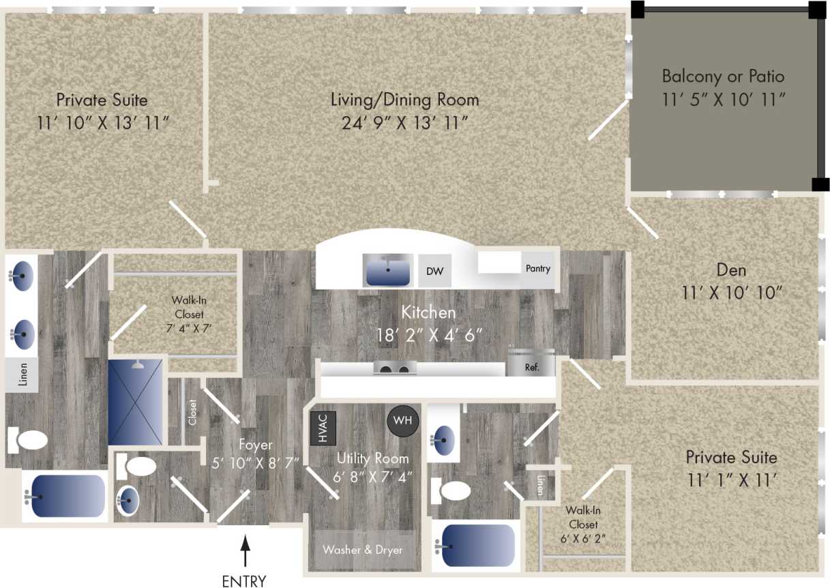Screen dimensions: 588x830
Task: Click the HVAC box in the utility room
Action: click(318, 428)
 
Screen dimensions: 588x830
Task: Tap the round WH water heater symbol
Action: click(402, 420)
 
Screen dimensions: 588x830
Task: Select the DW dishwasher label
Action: click(434, 271)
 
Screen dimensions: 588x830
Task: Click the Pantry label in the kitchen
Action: click(537, 269)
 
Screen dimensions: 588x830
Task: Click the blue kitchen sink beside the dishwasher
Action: click(387, 271)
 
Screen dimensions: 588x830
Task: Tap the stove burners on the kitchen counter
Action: click(395, 369)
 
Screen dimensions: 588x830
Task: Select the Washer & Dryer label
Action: click(362, 550)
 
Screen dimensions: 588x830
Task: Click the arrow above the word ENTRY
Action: click(244, 551)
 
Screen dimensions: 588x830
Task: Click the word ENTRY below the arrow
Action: click(244, 580)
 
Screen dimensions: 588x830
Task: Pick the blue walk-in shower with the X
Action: click(136, 402)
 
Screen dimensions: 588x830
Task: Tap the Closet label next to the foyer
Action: click(192, 412)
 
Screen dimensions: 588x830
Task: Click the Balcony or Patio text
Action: click(723, 76)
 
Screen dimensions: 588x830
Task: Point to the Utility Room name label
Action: click(372, 458)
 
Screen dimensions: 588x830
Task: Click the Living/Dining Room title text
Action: click(404, 100)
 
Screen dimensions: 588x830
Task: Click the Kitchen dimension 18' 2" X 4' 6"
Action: click(430, 335)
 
